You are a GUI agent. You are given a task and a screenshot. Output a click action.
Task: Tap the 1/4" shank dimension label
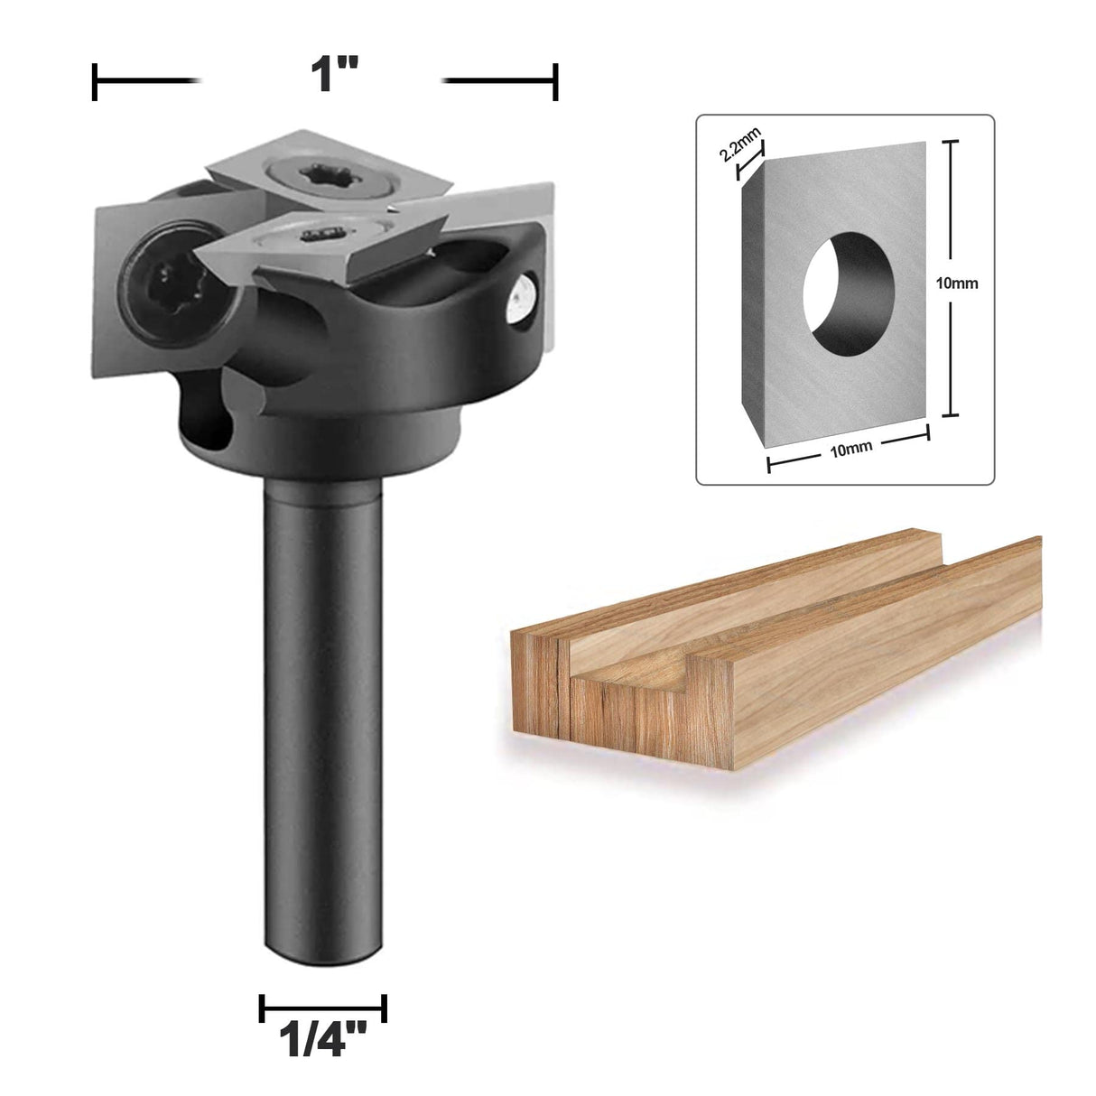coord(322,1039)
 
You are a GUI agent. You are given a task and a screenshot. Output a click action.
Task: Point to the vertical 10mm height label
coord(957,283)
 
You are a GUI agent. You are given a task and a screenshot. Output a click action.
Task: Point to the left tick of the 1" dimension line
coord(95,82)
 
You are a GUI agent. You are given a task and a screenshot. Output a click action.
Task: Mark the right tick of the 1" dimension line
coord(556,82)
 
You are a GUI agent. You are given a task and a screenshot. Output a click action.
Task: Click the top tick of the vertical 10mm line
coord(947,143)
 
